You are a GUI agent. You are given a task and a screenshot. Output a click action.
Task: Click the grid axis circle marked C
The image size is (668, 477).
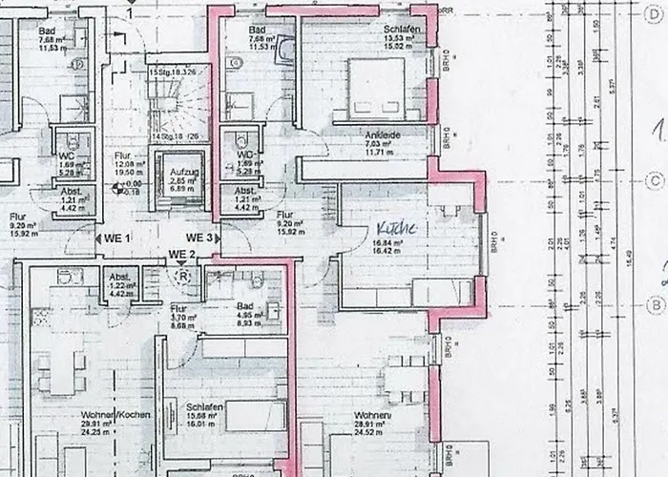(x=655, y=179)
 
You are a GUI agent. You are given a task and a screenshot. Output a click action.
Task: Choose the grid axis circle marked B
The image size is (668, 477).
(x=655, y=304)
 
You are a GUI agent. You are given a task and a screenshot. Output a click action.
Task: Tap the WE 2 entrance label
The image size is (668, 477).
(x=181, y=254)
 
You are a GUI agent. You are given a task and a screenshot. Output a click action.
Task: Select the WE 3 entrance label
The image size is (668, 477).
(x=198, y=237)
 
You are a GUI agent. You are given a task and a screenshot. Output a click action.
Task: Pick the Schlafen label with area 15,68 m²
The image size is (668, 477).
(x=205, y=406)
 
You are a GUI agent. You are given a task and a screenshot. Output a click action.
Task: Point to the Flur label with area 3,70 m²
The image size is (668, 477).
(x=177, y=309)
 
